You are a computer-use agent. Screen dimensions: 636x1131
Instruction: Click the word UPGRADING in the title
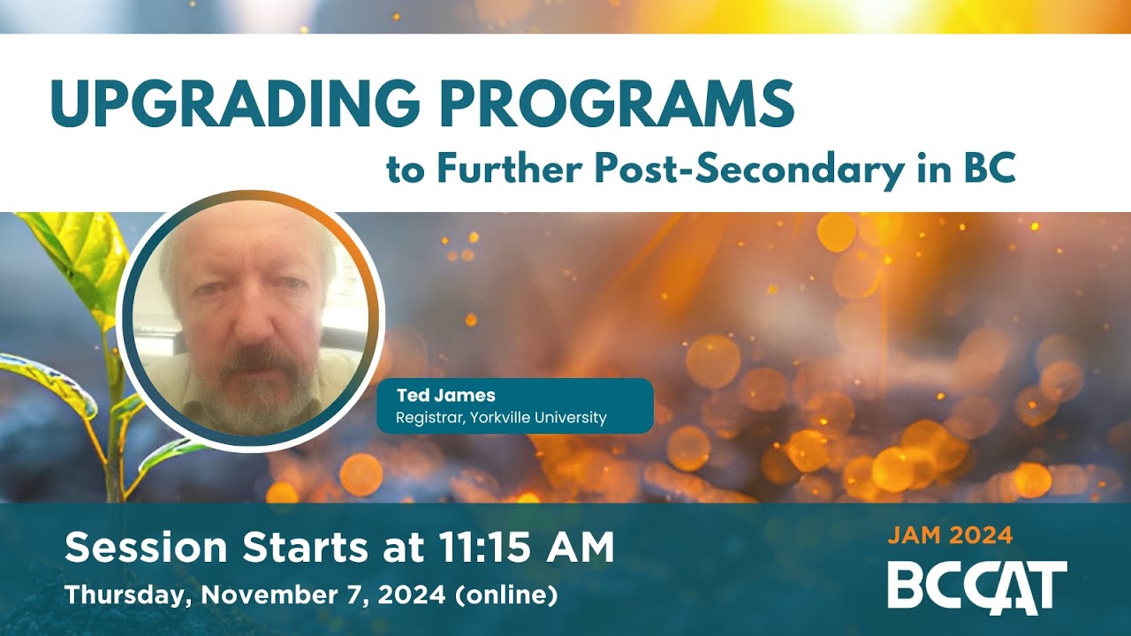pos(235,104)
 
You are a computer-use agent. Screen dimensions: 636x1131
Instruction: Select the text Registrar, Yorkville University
pos(501,418)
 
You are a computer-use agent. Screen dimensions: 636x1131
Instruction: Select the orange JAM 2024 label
pos(950,534)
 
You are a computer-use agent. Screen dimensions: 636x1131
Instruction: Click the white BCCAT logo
pos(977,586)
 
